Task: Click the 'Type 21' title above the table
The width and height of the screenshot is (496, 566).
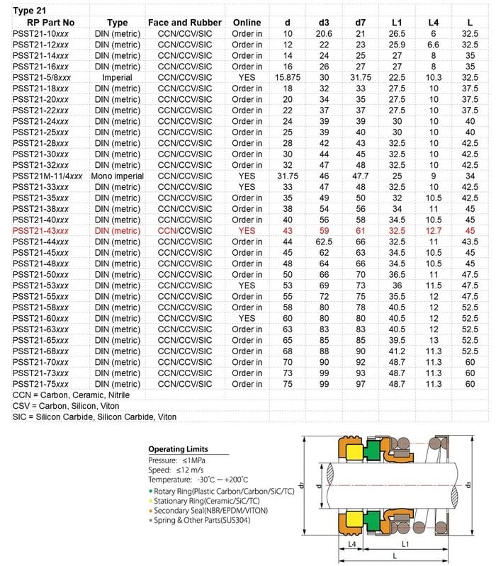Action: click(x=30, y=11)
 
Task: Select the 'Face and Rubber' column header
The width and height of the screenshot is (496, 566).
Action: click(x=184, y=23)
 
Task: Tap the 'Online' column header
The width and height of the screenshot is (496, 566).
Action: click(x=247, y=23)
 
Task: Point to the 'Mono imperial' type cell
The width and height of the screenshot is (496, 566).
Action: click(x=117, y=176)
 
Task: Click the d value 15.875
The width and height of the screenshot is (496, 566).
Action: click(x=288, y=77)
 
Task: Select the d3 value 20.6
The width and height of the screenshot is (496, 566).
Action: click(x=324, y=33)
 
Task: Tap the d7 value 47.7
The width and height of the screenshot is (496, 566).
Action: click(x=360, y=176)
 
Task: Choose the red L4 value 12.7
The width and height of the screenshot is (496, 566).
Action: click(x=434, y=230)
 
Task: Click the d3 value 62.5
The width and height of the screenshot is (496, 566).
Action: click(x=324, y=242)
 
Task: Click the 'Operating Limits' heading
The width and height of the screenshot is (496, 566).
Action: click(x=178, y=449)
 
